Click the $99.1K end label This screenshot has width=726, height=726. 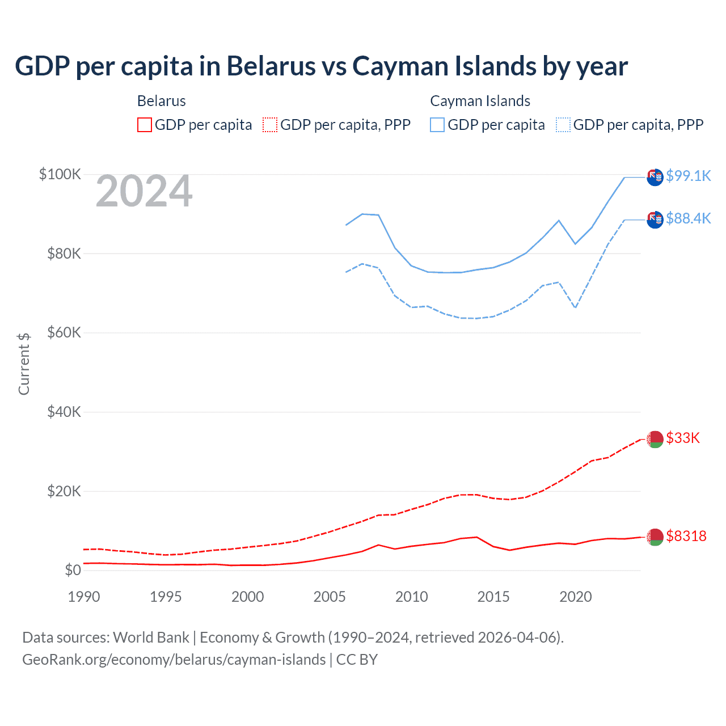point(688,176)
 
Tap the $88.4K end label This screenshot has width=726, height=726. point(688,218)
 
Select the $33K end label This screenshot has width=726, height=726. point(683,438)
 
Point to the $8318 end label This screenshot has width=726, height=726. point(686,536)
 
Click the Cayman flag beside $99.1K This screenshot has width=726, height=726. point(655,177)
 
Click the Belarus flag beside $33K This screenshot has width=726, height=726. point(655,439)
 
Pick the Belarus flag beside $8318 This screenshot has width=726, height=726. point(655,537)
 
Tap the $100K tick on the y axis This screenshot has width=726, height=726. point(60,174)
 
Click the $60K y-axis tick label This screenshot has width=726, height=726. point(64,333)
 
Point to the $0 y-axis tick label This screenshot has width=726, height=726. point(73,570)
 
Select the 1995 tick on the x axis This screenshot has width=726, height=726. point(166,597)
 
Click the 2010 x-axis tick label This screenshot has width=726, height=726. point(412,597)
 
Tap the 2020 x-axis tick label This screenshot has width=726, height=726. point(576,597)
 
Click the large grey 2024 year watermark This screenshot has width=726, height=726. point(144,191)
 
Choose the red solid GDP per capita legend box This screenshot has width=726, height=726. point(145,125)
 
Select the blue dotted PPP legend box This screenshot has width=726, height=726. point(563,125)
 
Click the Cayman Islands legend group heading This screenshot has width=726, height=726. point(480,101)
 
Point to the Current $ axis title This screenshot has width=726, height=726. point(24,364)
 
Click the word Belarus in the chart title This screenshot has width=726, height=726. point(271,66)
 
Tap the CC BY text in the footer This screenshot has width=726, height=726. point(357,660)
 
